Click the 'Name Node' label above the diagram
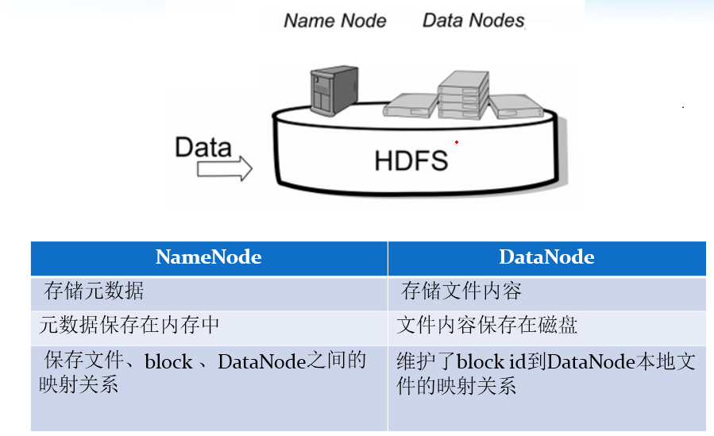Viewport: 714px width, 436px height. tap(334, 20)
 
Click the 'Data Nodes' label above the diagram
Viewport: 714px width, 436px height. tap(473, 20)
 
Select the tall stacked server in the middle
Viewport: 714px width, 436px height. tap(462, 94)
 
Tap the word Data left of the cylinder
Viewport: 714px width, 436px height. tap(203, 147)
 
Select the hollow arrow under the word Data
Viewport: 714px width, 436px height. tap(224, 168)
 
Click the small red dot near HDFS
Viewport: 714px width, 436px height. tap(457, 142)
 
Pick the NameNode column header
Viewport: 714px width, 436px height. tap(209, 257)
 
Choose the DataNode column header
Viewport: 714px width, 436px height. tap(546, 257)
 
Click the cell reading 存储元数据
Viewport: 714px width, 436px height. tap(94, 291)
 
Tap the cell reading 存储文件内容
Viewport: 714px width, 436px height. tap(461, 291)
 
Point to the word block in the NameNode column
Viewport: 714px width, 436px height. tap(168, 362)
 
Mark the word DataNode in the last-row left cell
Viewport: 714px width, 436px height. tap(261, 362)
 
